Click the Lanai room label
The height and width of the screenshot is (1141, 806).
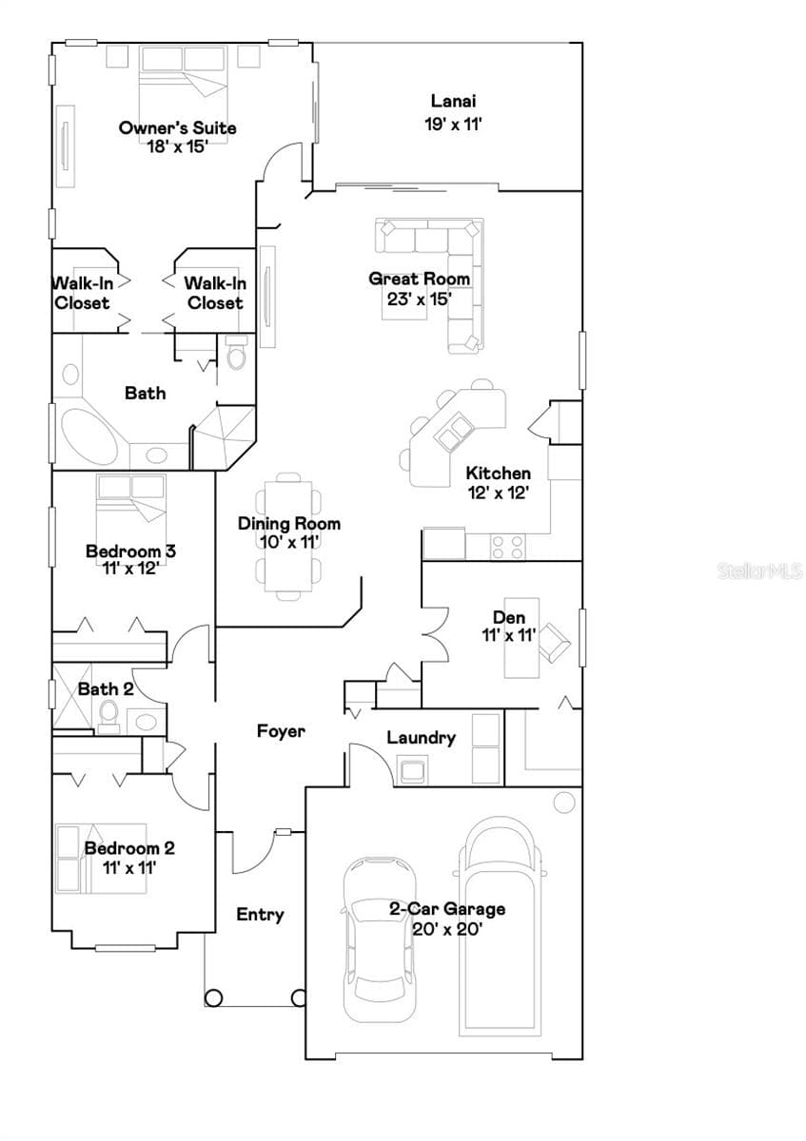[453, 101]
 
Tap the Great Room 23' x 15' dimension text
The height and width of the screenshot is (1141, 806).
[420, 299]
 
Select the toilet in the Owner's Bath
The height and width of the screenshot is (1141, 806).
[236, 353]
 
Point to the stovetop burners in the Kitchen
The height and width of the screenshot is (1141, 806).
[508, 547]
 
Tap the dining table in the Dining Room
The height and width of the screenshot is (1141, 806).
[288, 536]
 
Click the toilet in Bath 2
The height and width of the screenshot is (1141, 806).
[108, 715]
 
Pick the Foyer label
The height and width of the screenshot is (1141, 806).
[281, 731]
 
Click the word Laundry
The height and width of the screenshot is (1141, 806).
[422, 738]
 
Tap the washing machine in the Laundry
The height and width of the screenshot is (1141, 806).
[412, 770]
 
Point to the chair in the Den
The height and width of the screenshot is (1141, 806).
[554, 642]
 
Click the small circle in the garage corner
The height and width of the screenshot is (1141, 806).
[564, 803]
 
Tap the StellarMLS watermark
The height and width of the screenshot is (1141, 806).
[759, 571]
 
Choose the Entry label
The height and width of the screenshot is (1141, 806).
[260, 915]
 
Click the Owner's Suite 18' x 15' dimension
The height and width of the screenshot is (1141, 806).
[178, 146]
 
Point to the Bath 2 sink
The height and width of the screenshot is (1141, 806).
[147, 722]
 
